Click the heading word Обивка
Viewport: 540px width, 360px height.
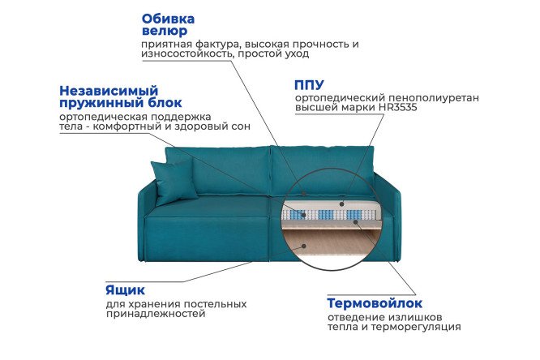click(168, 18)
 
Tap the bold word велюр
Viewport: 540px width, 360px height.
click(161, 31)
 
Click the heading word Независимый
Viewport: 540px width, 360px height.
click(108, 90)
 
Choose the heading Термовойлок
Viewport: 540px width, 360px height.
click(374, 302)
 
